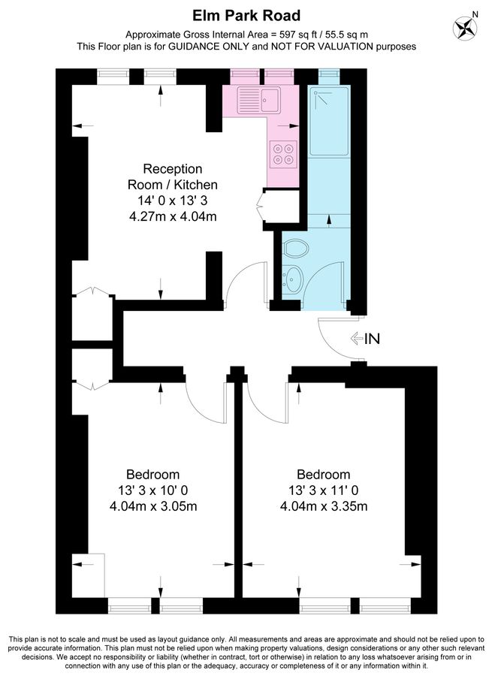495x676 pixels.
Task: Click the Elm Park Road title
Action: (246, 16)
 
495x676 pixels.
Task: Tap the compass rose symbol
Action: (465, 28)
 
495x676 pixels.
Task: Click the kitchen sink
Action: (258, 100)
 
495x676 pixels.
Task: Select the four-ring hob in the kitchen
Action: (283, 154)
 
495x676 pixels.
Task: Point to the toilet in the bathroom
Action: (296, 249)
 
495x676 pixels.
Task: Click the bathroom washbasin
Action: (292, 278)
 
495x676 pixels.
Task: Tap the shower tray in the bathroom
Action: (329, 121)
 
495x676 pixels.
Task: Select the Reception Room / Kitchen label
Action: (173, 177)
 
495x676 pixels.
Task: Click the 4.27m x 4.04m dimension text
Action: (173, 216)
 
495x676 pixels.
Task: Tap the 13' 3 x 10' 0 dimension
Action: (152, 490)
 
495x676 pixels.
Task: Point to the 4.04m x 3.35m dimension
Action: (324, 505)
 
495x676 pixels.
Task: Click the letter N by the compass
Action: (475, 14)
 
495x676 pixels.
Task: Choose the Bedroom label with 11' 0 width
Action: (324, 475)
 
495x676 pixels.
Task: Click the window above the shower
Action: (329, 74)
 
